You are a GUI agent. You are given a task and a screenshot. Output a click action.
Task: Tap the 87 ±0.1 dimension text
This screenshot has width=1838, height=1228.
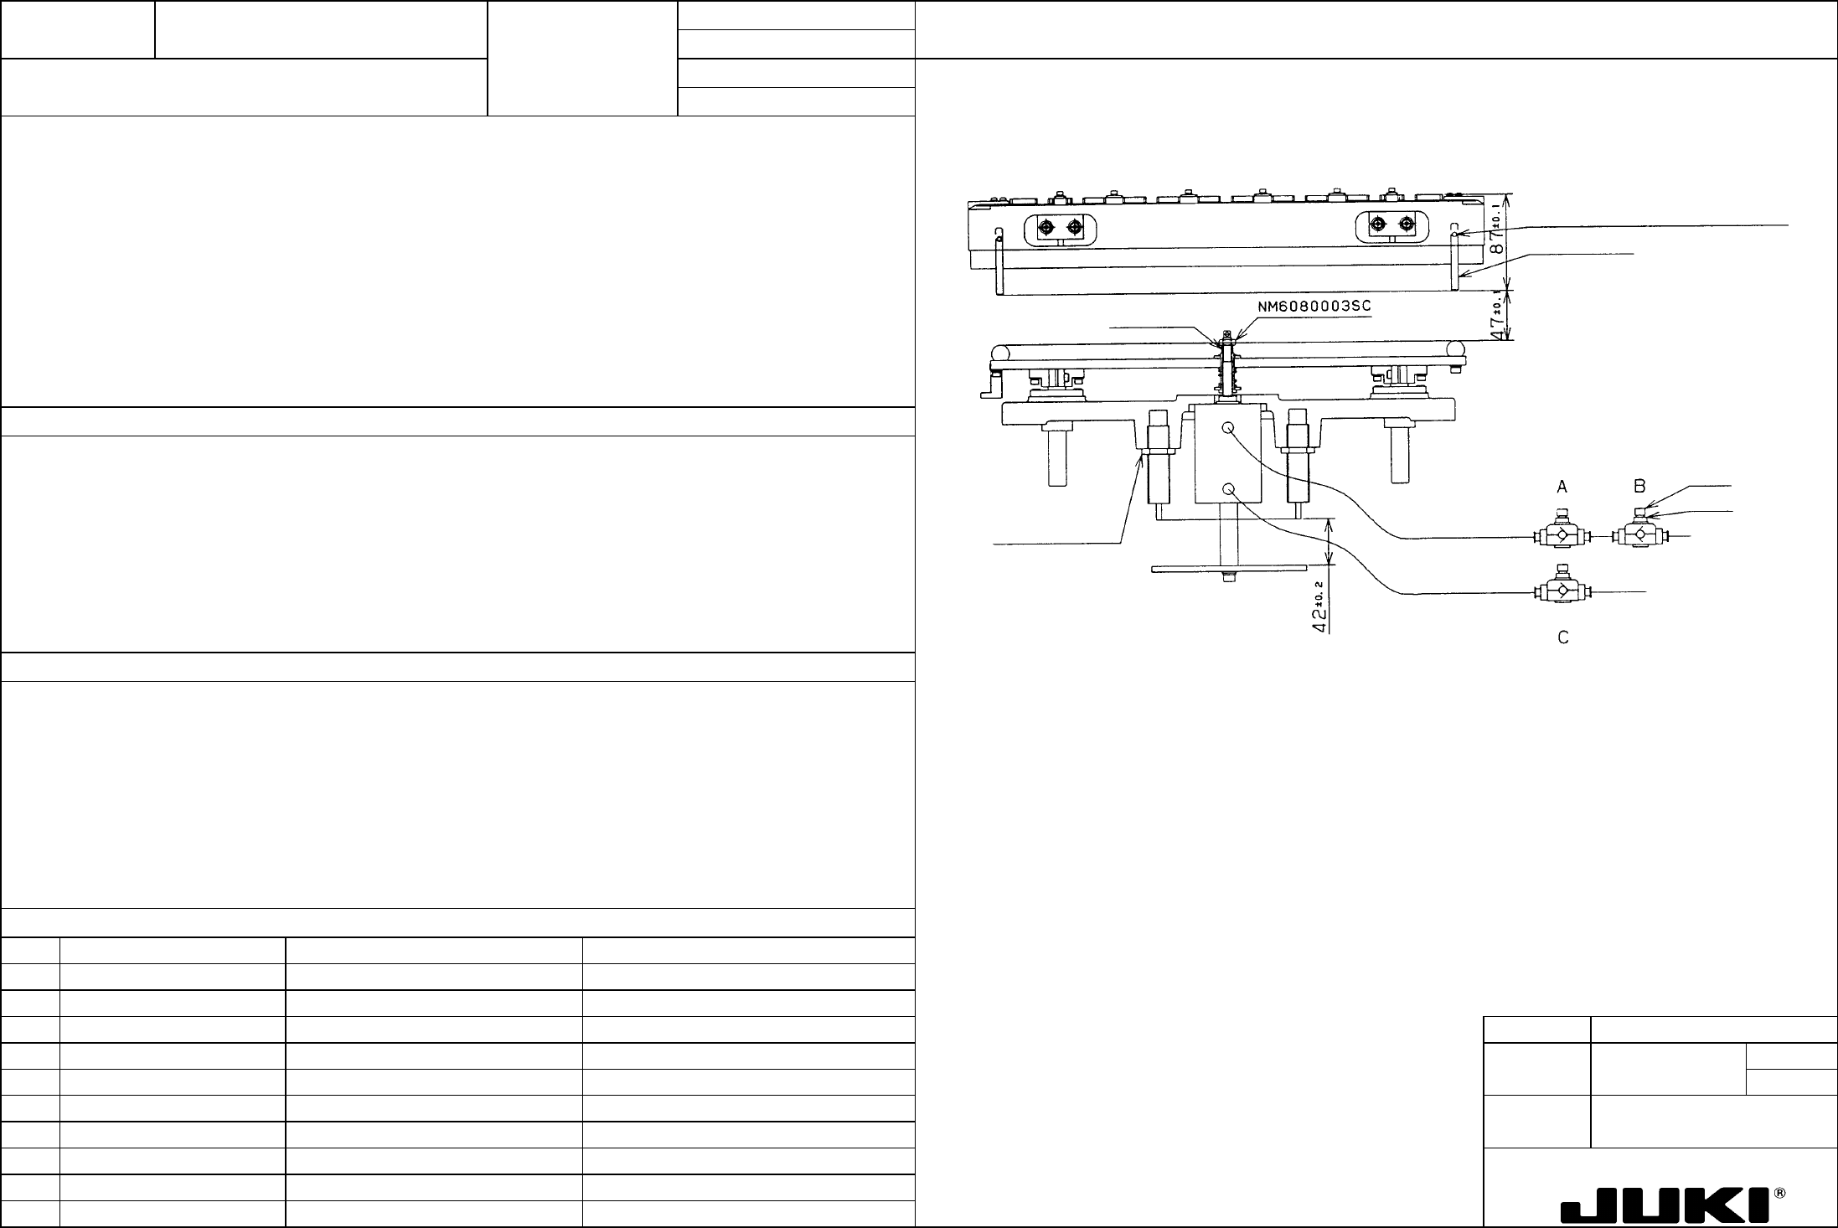tap(1495, 235)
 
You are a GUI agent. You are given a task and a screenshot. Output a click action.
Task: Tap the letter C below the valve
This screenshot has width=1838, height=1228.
tap(1562, 637)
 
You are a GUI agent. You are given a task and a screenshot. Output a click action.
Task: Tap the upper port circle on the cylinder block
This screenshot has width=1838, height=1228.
tap(1229, 428)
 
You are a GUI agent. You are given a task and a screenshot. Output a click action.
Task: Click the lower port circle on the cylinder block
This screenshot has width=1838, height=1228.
tap(1229, 489)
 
